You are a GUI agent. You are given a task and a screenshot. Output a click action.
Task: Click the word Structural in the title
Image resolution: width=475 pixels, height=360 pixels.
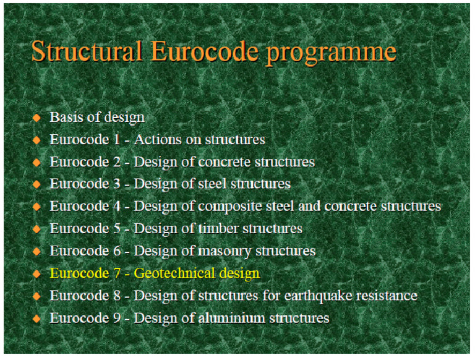pyautogui.click(x=86, y=52)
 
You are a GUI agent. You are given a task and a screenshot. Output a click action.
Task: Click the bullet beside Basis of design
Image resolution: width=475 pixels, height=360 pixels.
pyautogui.click(x=36, y=117)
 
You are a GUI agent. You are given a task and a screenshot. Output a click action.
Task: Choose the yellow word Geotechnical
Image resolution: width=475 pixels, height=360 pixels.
pyautogui.click(x=173, y=273)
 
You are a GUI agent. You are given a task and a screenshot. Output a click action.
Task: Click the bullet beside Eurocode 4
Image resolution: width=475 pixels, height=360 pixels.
pyautogui.click(x=36, y=207)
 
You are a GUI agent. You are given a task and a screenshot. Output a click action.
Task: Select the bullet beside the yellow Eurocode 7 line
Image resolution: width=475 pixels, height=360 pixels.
pyautogui.click(x=36, y=273)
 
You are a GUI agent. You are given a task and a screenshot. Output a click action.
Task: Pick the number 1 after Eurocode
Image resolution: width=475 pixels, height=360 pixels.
pyautogui.click(x=116, y=139)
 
